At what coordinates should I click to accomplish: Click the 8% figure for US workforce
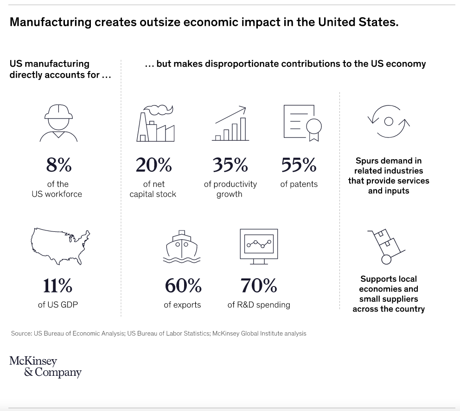pyautogui.click(x=58, y=165)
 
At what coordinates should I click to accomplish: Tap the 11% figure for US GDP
pyautogui.click(x=57, y=286)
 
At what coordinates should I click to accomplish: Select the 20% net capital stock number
pyautogui.click(x=153, y=165)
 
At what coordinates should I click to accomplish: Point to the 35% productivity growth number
pyautogui.click(x=230, y=165)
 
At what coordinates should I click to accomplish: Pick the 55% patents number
pyautogui.click(x=299, y=165)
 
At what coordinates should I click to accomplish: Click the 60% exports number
pyautogui.click(x=183, y=286)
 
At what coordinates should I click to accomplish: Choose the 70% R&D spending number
pyautogui.click(x=258, y=286)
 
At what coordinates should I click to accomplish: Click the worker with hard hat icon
pyautogui.click(x=58, y=122)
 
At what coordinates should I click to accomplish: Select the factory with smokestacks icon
pyautogui.click(x=155, y=123)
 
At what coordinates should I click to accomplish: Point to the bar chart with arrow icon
pyautogui.click(x=230, y=123)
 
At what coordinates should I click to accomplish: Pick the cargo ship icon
pyautogui.click(x=182, y=247)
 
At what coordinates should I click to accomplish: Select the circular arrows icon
pyautogui.click(x=389, y=121)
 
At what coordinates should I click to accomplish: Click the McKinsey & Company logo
pyautogui.click(x=45, y=367)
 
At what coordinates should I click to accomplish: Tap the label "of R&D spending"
pyautogui.click(x=259, y=305)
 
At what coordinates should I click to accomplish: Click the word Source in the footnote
pyautogui.click(x=20, y=333)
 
